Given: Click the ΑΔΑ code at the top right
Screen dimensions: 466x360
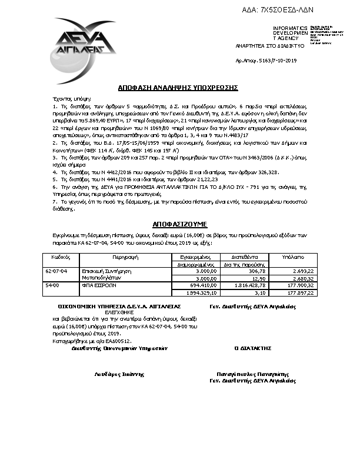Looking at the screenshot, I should [286, 11].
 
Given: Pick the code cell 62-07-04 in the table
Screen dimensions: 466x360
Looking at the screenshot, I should [57, 271].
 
